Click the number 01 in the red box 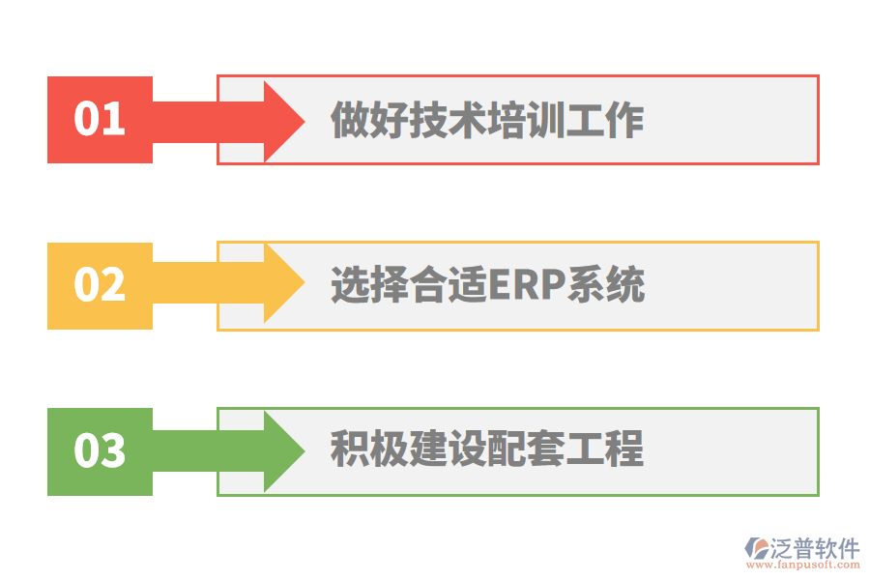[x=100, y=120]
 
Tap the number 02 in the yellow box [x=100, y=285]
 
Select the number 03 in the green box [x=100, y=451]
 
